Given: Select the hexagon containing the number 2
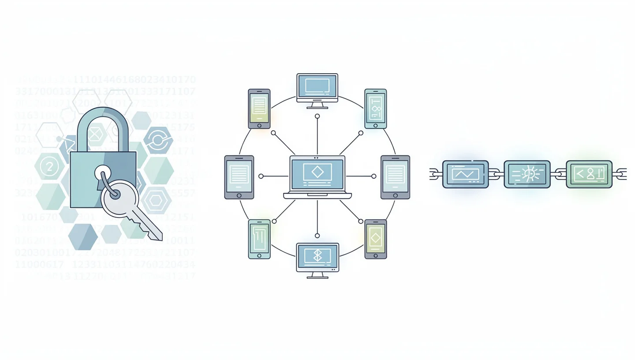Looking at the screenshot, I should click(x=49, y=166).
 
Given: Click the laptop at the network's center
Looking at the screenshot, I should click(x=317, y=177).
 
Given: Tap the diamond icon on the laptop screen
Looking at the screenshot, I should click(x=317, y=171).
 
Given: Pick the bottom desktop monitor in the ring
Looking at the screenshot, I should click(x=317, y=259).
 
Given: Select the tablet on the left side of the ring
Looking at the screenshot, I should click(x=239, y=177).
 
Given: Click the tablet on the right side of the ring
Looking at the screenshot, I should click(x=395, y=177).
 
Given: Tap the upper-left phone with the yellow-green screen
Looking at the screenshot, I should click(x=259, y=109).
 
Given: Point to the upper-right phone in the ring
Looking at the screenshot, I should click(x=376, y=109).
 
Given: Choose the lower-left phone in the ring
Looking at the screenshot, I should click(x=259, y=239).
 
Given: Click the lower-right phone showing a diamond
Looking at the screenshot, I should click(x=376, y=239).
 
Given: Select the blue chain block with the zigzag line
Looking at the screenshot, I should click(x=465, y=174).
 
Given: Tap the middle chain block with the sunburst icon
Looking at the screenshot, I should click(x=527, y=174).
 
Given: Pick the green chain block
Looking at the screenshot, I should click(x=589, y=174).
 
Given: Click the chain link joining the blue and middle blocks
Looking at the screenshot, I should click(x=496, y=174).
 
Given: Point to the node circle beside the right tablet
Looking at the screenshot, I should click(x=374, y=176).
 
